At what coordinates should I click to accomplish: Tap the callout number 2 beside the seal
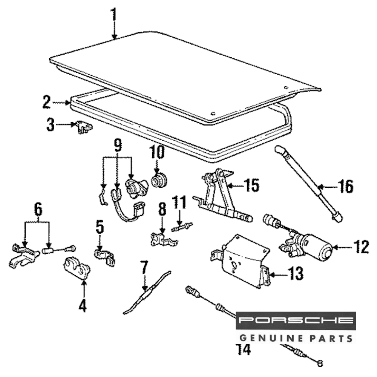[46, 102]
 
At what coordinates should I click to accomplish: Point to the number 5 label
[99, 227]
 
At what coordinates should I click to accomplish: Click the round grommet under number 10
[159, 180]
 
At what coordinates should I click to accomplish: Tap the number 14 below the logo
[243, 349]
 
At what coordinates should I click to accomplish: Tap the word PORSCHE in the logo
[296, 320]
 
